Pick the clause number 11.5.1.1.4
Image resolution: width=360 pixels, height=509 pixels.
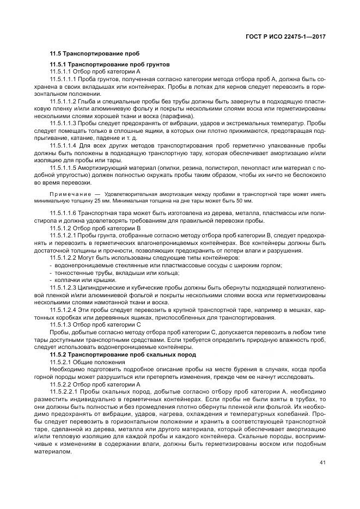62,146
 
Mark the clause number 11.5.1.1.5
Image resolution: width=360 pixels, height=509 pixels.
62,169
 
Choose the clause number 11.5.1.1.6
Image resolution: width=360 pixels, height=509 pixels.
62,212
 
